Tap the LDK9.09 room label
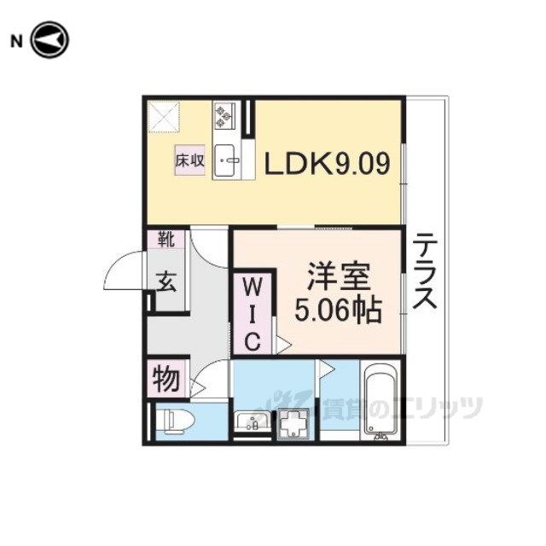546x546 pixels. pos(327,163)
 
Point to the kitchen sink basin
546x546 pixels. pos(226,160)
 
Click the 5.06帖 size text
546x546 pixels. pos(338,308)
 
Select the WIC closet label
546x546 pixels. pos(253,312)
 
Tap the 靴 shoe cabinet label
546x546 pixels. pos(166,240)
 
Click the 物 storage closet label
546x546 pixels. pos(166,377)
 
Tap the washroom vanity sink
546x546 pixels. pos(252,421)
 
